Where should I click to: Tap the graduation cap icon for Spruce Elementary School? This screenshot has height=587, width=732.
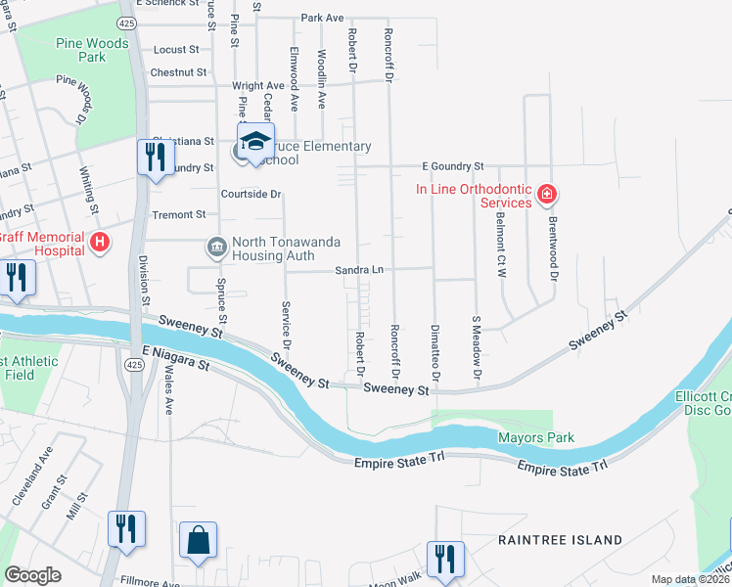point(255,141)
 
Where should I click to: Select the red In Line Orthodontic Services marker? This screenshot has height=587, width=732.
point(547,195)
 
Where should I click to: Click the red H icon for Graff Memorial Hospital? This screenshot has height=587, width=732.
point(98,242)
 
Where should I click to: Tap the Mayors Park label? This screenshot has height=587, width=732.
point(535,437)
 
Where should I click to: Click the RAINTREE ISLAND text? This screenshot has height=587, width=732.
point(560,540)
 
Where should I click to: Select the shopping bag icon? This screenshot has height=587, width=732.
point(198,539)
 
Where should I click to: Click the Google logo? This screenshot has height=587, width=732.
point(32,575)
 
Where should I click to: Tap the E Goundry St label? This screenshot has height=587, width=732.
point(453,167)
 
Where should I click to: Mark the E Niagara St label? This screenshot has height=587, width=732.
point(177,358)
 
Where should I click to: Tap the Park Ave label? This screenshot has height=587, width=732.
point(322,18)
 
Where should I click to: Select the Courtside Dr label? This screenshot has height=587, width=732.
point(252,194)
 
